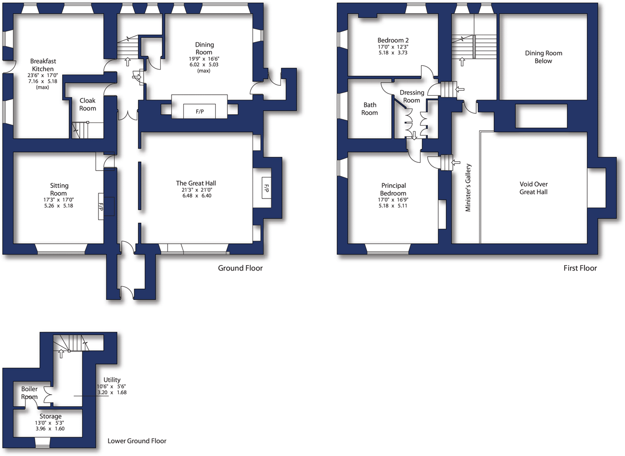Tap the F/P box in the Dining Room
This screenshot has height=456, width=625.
pyautogui.click(x=200, y=111)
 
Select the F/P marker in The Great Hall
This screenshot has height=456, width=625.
pyautogui.click(x=267, y=188)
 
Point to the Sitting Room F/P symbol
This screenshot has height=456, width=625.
pyautogui.click(x=100, y=207)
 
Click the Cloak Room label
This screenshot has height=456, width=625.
pyautogui.click(x=88, y=104)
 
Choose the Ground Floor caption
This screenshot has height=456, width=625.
pyautogui.click(x=240, y=268)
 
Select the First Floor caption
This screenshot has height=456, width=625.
pyautogui.click(x=580, y=268)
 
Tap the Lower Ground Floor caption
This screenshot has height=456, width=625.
pyautogui.click(x=137, y=441)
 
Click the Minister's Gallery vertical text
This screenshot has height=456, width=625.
pyautogui.click(x=468, y=188)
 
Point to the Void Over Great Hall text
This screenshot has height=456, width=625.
pyautogui.click(x=533, y=188)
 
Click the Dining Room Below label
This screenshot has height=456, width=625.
pyautogui.click(x=543, y=57)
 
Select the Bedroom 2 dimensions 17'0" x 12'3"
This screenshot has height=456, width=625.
pyautogui.click(x=393, y=47)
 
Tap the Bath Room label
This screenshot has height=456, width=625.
pyautogui.click(x=370, y=108)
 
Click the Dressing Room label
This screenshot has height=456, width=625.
pyautogui.click(x=412, y=96)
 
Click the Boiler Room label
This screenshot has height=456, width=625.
pyautogui.click(x=29, y=393)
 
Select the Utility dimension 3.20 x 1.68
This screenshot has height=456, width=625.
pyautogui.click(x=112, y=392)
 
